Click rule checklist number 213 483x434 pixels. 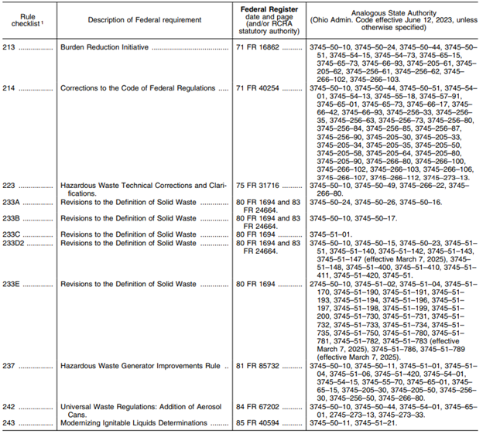tap(10, 46)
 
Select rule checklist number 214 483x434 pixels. tap(10, 88)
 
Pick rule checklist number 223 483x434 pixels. tap(10, 186)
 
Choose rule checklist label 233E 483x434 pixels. tap(12, 284)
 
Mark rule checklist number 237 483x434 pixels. tap(10, 364)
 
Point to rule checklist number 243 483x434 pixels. tap(10, 422)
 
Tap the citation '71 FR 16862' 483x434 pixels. tap(259, 46)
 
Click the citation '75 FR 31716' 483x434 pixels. tap(259, 186)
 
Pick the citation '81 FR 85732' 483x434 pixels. tap(259, 364)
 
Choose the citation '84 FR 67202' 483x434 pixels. tap(259, 405)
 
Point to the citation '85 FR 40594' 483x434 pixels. tap(259, 422)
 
